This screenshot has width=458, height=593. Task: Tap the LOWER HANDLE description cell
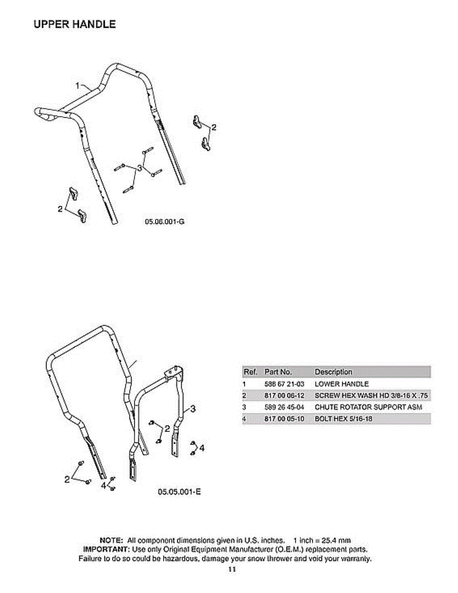(x=341, y=384)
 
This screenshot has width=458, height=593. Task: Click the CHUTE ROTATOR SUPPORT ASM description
(x=368, y=408)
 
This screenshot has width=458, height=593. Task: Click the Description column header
(x=333, y=372)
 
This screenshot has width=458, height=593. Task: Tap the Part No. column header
(x=278, y=372)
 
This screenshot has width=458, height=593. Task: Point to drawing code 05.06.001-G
(x=165, y=222)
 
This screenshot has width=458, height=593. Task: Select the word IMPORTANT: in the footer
(x=106, y=550)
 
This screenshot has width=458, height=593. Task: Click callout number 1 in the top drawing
(x=78, y=86)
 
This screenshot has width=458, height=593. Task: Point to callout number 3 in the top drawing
(x=140, y=168)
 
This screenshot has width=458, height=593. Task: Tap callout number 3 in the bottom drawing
(x=193, y=409)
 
